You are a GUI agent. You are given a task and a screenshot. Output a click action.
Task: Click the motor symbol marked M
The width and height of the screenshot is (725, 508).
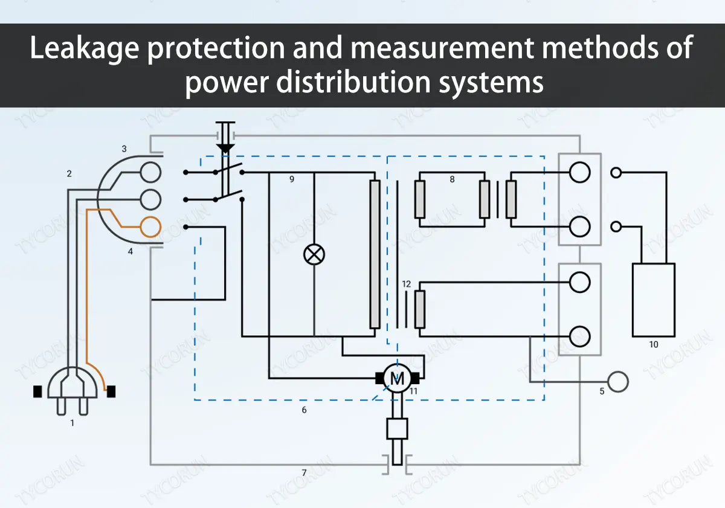tap(398, 379)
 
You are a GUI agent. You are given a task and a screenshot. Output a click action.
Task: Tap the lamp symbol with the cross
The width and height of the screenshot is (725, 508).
tap(314, 254)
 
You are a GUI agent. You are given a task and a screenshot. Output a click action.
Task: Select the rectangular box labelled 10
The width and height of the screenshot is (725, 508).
tap(653, 300)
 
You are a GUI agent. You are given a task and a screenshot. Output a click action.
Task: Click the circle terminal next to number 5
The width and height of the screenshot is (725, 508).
tap(619, 382)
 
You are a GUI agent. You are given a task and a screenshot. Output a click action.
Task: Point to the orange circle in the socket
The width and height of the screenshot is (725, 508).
tap(150, 227)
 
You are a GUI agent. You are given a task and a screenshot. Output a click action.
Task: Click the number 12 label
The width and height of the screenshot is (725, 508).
tap(406, 284)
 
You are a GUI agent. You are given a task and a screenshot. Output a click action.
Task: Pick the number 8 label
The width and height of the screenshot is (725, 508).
tap(452, 179)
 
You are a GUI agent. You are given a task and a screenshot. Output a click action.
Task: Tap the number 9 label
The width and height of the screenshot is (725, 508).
tap(292, 179)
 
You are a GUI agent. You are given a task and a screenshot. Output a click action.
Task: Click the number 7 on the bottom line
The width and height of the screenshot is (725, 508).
tap(304, 472)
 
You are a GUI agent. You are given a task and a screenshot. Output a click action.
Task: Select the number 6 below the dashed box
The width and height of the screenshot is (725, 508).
tap(304, 410)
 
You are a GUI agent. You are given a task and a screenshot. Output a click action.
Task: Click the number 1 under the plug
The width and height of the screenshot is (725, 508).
tap(72, 423)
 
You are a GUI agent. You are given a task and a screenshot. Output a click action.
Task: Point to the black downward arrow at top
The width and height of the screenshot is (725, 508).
tap(226, 147)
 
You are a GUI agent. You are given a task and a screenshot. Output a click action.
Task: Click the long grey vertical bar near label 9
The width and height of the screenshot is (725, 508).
tap(375, 254)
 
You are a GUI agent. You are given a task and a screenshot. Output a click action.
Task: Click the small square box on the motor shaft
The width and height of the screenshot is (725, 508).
tap(397, 429)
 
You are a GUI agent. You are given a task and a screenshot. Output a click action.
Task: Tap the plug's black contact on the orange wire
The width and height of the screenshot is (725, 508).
tap(111, 392)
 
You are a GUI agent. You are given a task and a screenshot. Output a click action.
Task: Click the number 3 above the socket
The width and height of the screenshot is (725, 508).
tap(124, 149)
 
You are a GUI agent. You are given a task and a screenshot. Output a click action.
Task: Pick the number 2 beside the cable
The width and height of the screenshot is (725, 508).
tap(69, 174)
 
